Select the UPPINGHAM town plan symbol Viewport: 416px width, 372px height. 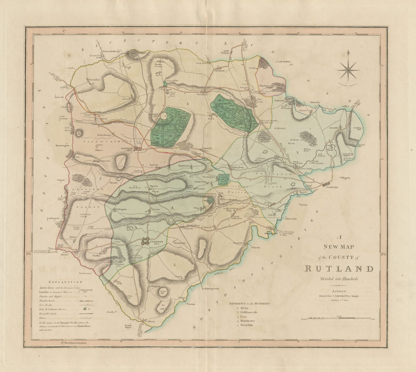[x=145, y=242]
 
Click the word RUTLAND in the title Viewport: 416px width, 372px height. [x=340, y=268]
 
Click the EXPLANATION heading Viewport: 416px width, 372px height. [x=65, y=282]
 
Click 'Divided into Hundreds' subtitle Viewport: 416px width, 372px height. [x=340, y=279]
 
